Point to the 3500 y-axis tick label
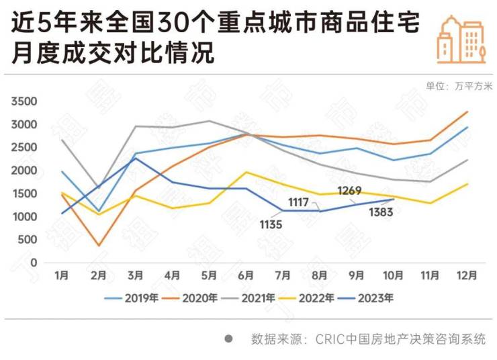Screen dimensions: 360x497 pos(24,101)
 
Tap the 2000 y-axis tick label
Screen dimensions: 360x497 pos(24,171)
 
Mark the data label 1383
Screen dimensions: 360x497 pos(380,214)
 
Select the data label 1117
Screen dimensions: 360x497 pos(298,201)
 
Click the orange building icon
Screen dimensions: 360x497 pos(461,39)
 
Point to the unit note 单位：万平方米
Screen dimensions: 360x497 pos(459,86)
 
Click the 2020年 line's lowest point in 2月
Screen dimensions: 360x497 pos(98,246)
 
